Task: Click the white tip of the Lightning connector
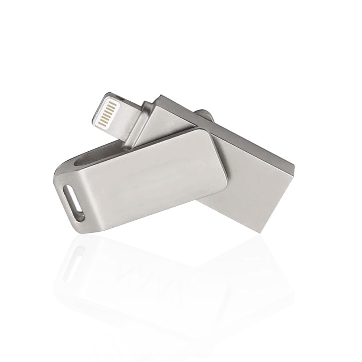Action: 105,109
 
